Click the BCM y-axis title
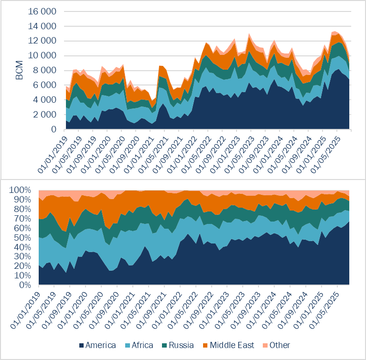click(20, 71)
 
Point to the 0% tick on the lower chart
click(27, 286)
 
